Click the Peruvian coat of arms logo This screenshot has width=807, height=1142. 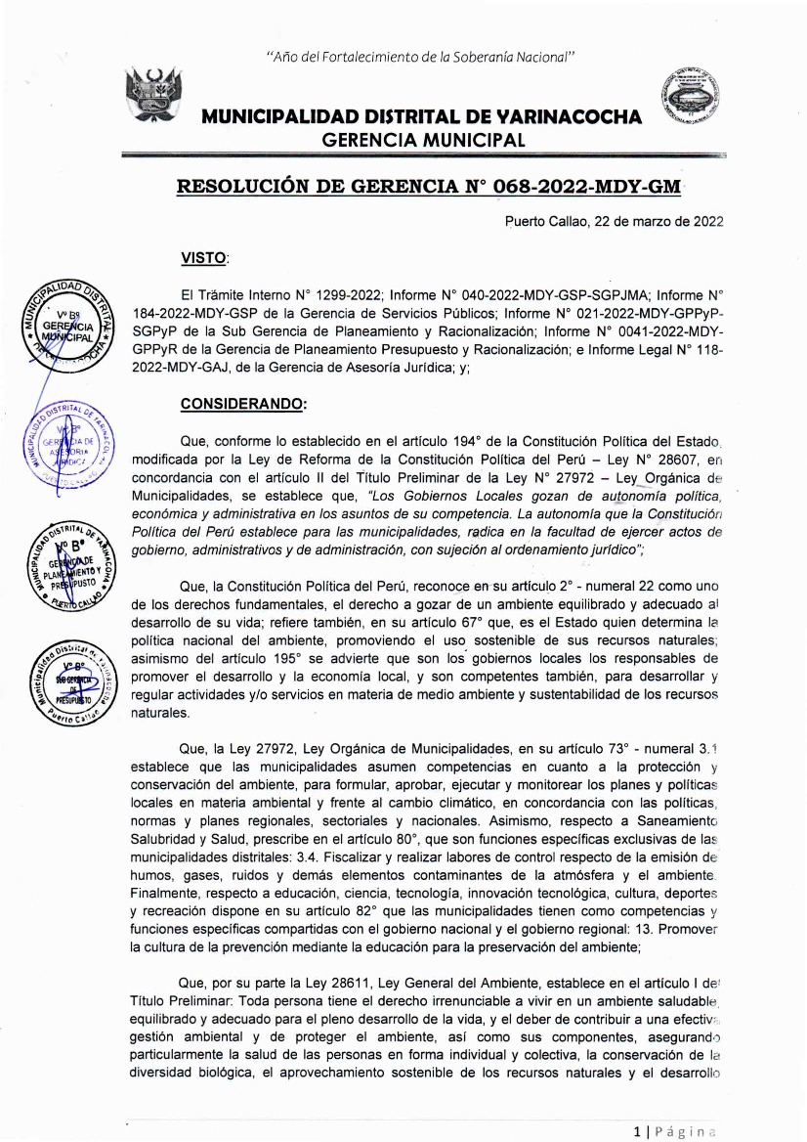pos(153,99)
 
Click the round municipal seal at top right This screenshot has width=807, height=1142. pos(698,102)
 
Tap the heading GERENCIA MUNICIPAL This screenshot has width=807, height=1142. pos(423,139)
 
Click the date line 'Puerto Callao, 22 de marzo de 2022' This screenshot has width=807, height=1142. pos(614,221)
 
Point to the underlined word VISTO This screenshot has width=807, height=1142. pos(204,258)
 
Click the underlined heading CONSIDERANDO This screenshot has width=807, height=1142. pos(243,403)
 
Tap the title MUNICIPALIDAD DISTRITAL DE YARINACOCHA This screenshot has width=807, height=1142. pos(422,117)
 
